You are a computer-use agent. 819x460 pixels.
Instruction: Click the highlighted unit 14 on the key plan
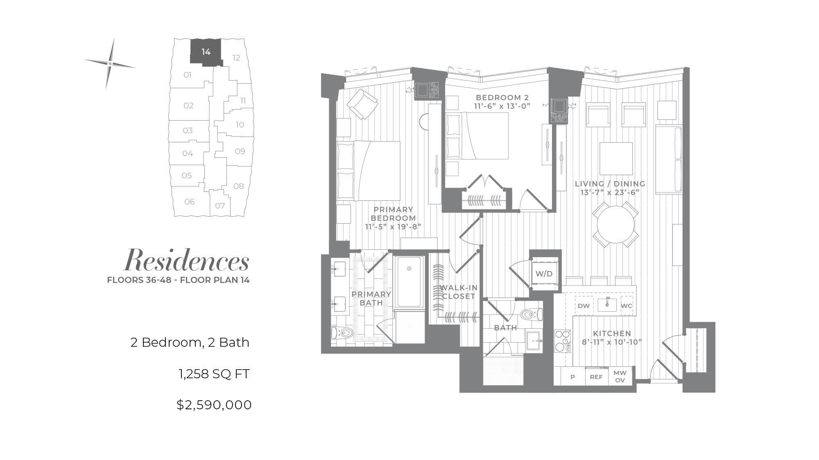click(x=206, y=51)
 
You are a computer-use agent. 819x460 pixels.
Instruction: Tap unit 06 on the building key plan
click(x=190, y=202)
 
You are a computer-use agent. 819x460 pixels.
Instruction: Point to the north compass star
click(x=110, y=64)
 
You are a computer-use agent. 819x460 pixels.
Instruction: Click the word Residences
click(x=187, y=260)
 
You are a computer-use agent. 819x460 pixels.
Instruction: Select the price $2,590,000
click(x=214, y=405)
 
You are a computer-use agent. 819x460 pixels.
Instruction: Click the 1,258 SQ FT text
click(x=214, y=374)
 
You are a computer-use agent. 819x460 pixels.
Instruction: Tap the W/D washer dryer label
click(x=544, y=274)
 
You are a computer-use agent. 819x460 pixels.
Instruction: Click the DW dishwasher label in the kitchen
click(x=584, y=306)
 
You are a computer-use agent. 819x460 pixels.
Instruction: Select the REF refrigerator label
click(x=596, y=377)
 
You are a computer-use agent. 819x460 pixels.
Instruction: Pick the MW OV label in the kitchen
click(x=620, y=377)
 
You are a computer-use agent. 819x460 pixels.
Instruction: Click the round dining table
click(x=616, y=224)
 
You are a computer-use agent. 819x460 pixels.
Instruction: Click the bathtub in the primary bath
click(x=409, y=282)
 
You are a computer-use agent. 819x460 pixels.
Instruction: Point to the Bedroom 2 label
click(x=502, y=98)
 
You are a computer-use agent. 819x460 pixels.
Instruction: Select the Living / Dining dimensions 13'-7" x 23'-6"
click(x=610, y=193)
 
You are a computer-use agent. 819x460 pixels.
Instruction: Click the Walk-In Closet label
click(x=458, y=292)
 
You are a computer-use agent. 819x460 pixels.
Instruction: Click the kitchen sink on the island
click(x=607, y=305)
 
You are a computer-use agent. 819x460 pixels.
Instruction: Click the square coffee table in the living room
click(x=616, y=159)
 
